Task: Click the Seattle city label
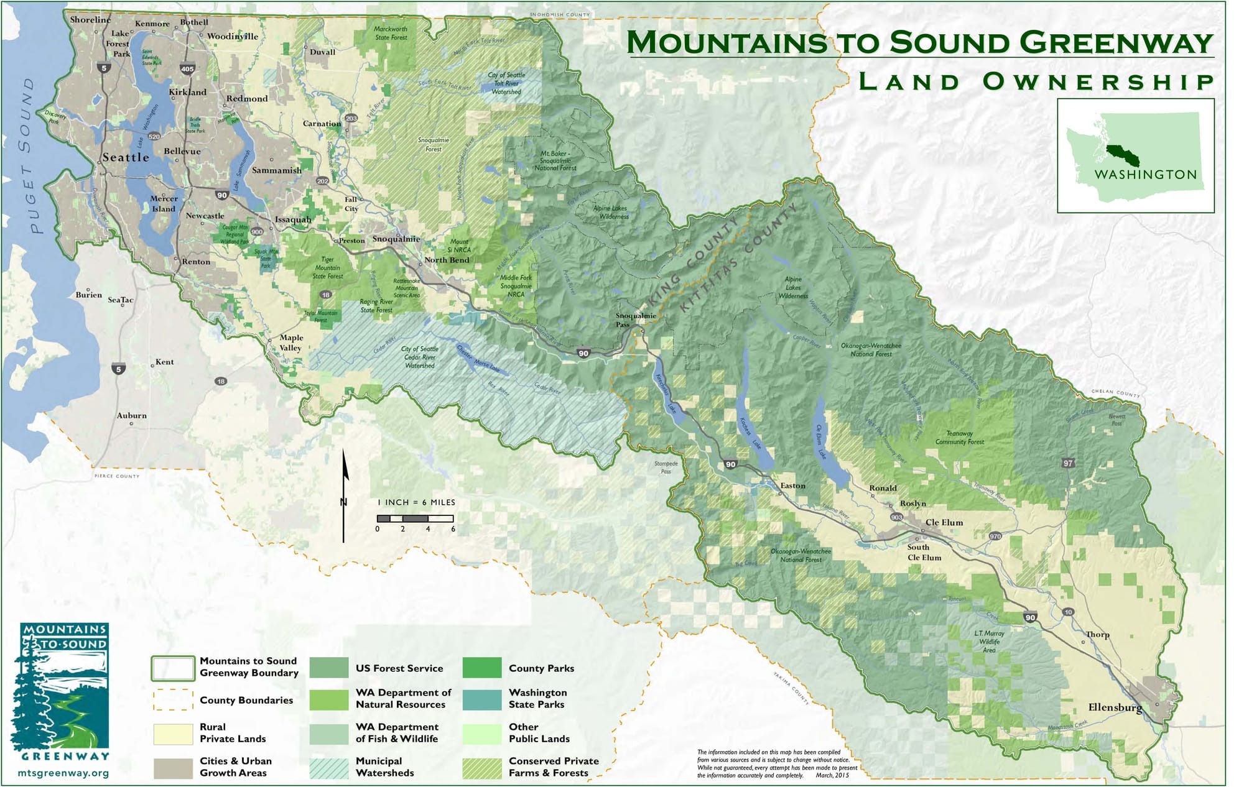126,157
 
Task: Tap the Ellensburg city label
1115,707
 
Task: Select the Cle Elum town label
944,523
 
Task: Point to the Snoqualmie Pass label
635,320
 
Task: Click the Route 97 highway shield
1068,463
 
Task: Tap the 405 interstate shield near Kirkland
187,69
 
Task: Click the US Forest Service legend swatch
329,668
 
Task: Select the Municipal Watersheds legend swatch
329,767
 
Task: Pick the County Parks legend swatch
481,668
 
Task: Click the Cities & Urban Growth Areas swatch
173,767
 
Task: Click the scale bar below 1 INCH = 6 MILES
415,518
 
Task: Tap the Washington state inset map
1135,156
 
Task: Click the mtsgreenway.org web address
63,773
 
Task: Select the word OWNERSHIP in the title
1098,82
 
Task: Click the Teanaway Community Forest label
959,438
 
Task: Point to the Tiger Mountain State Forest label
327,268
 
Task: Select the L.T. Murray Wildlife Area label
989,642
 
